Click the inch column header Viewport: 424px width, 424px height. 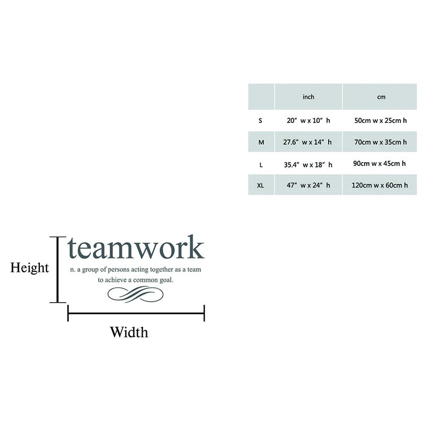pos(308,97)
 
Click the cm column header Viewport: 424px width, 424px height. pos(381,97)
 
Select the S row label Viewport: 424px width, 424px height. pos(260,120)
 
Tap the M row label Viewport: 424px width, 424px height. pos(261,142)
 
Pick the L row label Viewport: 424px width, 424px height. pos(261,164)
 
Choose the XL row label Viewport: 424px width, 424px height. pos(261,185)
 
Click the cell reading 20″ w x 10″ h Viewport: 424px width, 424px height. pos(308,120)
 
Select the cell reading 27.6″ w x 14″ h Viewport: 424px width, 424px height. pos(308,142)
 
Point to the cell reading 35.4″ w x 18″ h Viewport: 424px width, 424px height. pos(308,164)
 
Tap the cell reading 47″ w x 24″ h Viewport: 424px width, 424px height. pos(308,185)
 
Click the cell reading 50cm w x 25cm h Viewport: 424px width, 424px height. pos(381,120)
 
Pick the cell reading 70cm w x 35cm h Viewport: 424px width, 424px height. pos(381,142)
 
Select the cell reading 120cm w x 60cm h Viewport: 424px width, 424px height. pos(381,185)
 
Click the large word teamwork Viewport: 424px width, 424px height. pos(136,248)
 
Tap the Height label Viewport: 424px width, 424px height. pos(30,268)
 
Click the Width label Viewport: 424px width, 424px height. pos(129,332)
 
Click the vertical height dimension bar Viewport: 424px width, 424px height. pos(57,269)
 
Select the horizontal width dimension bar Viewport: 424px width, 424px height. pos(136,313)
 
